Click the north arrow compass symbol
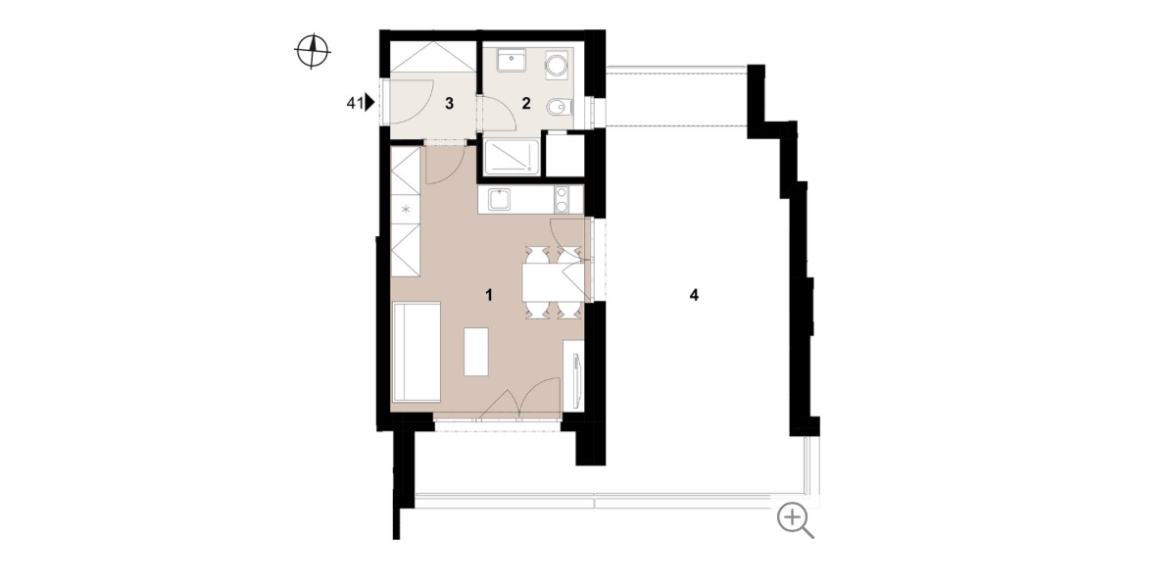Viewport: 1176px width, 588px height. (x=312, y=51)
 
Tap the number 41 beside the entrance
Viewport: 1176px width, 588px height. (x=355, y=104)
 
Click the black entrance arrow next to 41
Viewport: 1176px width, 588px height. (x=369, y=102)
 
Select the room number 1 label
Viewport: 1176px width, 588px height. (x=489, y=295)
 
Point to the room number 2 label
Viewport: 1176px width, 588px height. (x=526, y=103)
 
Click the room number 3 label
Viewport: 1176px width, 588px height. (x=449, y=104)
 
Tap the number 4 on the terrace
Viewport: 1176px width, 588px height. (x=694, y=295)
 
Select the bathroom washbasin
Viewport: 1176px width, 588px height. (x=511, y=62)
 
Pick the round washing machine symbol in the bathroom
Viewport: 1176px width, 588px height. (x=557, y=67)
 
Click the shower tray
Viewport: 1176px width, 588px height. (x=512, y=157)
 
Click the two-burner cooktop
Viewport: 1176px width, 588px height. (x=562, y=200)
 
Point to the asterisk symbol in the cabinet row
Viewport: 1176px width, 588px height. (x=406, y=210)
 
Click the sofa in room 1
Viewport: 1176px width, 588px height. (x=416, y=352)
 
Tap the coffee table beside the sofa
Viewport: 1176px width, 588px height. (x=476, y=351)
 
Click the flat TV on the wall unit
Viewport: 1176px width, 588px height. (x=577, y=379)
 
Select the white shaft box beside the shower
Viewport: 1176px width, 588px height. (x=565, y=156)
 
